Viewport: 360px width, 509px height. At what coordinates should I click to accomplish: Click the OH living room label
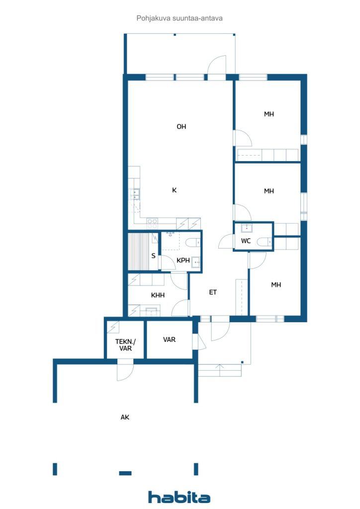point(181,127)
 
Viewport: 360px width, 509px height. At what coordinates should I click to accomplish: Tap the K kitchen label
point(175,190)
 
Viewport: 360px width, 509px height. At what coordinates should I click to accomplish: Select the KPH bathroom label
point(183,260)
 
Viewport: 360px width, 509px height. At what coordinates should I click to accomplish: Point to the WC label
point(246,241)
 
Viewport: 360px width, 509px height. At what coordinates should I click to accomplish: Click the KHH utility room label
point(158,295)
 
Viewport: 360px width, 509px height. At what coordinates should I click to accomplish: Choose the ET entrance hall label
point(213,292)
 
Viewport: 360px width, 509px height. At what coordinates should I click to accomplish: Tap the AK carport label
point(125,418)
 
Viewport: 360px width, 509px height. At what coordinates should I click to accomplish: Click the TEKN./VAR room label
point(125,345)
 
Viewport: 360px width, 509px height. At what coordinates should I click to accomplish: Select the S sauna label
point(154,256)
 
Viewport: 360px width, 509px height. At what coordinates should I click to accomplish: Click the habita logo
point(179,497)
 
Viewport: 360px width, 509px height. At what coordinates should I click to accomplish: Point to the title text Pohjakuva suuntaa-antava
point(180,18)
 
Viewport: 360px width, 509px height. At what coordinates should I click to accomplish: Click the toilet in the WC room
point(264,242)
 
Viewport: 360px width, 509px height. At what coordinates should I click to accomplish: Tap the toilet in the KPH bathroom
point(193,243)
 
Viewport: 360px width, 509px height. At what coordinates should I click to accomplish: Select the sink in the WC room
point(247,228)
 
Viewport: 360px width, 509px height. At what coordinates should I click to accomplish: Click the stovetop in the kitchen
point(152,224)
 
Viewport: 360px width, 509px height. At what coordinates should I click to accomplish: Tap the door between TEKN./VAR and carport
point(125,370)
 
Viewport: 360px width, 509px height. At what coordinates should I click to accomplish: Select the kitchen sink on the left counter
point(135,194)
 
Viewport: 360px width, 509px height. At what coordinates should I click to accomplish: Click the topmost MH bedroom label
point(269,114)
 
